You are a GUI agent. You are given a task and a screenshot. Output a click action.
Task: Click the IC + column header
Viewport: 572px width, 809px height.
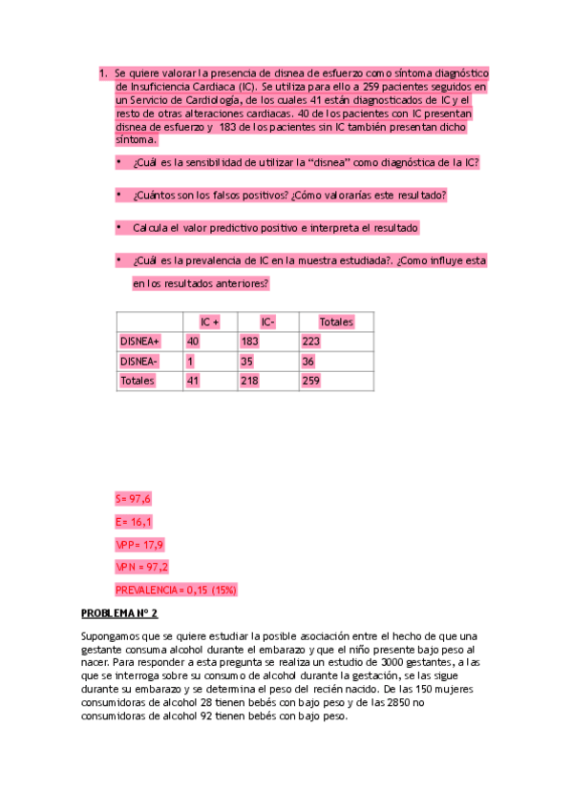[209, 322]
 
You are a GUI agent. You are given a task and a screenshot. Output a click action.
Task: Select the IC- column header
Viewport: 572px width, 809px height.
[267, 322]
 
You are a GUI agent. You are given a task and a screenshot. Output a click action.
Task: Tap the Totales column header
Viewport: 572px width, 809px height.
[335, 322]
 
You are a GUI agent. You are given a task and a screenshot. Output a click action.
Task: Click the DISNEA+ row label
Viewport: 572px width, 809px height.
[140, 341]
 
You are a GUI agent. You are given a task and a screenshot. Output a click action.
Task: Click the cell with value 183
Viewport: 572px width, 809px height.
[250, 341]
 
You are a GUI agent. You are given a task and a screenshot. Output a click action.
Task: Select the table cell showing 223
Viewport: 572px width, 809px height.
[311, 341]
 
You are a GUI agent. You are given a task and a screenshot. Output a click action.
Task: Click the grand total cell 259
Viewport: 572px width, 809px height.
[311, 381]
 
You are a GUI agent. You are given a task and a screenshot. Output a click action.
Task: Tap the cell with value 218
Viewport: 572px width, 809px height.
[250, 381]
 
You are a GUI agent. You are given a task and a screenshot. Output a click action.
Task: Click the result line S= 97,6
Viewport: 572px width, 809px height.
[133, 499]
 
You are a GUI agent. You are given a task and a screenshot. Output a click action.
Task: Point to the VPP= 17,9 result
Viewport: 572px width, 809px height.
[139, 545]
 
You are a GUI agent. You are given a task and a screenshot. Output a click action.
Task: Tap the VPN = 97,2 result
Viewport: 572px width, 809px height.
[141, 567]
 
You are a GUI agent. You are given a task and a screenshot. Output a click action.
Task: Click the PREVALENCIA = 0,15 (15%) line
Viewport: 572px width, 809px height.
[176, 590]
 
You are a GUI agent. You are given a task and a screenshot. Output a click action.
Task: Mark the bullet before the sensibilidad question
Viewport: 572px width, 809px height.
[118, 162]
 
